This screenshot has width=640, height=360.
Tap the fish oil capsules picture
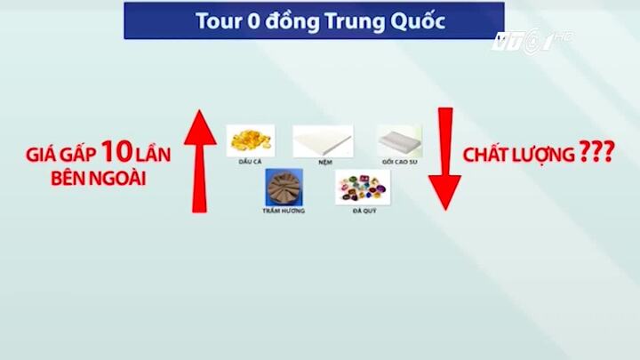251,140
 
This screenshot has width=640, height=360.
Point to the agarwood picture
284,186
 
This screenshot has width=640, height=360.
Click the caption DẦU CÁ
251,161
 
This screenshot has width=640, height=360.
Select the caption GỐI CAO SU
398,162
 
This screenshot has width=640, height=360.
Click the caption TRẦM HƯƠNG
284,211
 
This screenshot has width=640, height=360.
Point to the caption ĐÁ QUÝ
363,211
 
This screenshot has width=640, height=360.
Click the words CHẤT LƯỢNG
518,155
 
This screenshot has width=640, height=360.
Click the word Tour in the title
218,20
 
